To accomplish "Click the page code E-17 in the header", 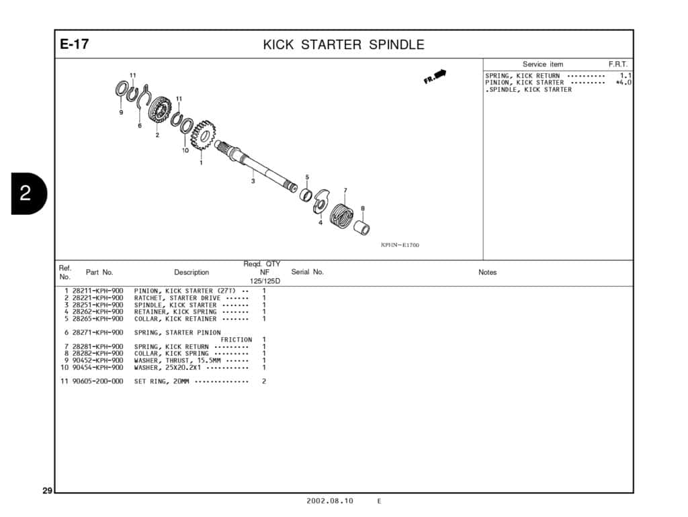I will click(74, 45).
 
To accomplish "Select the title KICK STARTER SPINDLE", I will click(343, 45).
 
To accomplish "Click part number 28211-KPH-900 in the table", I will click(97, 291).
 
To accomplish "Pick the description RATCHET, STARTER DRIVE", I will click(177, 298).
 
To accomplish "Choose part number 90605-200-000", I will click(97, 381).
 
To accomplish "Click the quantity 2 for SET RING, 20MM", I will click(264, 381).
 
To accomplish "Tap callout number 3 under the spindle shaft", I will click(253, 181).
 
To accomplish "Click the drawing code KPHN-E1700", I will click(400, 245).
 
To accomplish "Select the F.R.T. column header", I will click(617, 64).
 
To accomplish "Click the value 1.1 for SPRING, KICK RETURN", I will click(626, 76).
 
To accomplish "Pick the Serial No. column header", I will click(307, 272).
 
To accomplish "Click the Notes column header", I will click(487, 273).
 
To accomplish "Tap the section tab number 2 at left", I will click(25, 194).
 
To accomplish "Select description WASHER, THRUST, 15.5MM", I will click(177, 361).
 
